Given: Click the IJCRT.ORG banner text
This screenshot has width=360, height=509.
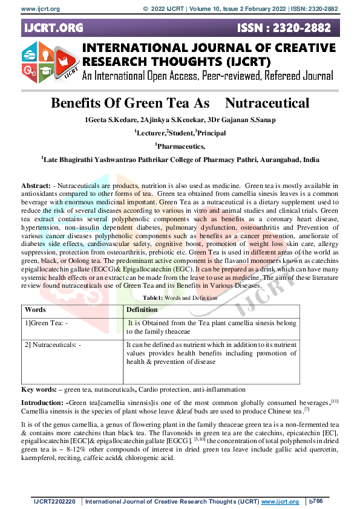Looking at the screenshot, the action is tap(53, 28).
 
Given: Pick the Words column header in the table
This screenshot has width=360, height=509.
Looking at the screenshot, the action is tap(36, 310).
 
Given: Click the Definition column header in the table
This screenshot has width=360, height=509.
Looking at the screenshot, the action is tap(142, 310).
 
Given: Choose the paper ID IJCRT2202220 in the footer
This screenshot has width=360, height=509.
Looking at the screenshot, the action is tap(56, 502).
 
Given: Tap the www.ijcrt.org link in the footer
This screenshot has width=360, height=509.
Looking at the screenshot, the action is tap(280, 502).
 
